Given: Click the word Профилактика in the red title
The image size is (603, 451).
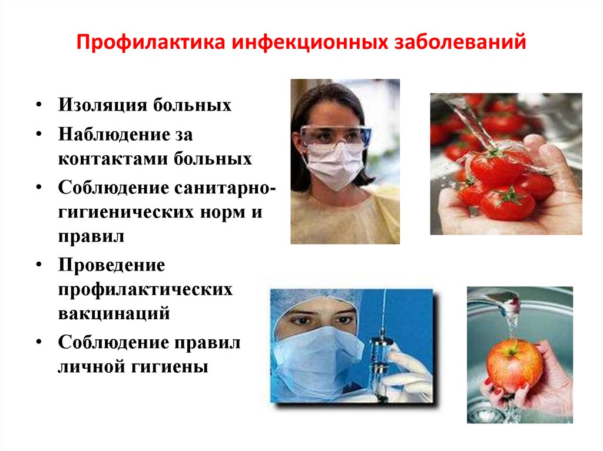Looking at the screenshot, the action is tap(150, 42).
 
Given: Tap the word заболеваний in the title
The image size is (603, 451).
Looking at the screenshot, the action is tap(460, 42).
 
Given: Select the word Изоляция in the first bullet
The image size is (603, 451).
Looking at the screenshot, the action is tap(102, 105).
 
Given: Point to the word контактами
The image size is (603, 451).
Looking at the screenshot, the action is tap(113, 159).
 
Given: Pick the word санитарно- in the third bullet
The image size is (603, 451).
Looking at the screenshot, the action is tap(225, 188).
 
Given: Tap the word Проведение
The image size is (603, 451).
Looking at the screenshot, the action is tap(111, 265).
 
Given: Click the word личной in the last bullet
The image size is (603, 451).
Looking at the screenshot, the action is tap(92, 367).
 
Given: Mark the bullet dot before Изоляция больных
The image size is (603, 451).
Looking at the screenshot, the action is tap(39, 105).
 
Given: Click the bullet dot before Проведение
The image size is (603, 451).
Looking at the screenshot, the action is tap(39, 265).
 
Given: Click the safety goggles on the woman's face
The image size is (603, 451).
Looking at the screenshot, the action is tap(335, 135).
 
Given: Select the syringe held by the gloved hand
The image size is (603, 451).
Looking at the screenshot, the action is tap(381, 358).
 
